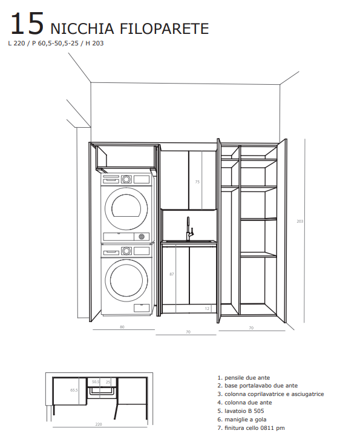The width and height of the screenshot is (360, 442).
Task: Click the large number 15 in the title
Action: coord(27,24)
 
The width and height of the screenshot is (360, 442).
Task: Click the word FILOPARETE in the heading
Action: coord(165,28)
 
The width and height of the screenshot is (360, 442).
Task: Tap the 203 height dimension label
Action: coord(300,221)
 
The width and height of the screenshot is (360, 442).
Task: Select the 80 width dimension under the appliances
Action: coord(122,327)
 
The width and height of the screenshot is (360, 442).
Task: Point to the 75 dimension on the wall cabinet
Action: coord(197,182)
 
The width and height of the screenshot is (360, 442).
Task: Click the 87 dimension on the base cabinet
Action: coord(172,274)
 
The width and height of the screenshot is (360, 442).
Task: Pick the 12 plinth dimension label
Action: coord(207,308)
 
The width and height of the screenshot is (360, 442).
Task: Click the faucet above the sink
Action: coord(189,229)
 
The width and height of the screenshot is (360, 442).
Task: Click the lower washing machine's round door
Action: coord(126,280)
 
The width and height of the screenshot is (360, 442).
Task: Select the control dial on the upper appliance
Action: coord(126,179)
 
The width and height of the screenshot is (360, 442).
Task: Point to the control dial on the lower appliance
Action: coord(126,251)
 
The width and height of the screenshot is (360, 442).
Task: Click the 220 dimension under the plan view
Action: coord(99,424)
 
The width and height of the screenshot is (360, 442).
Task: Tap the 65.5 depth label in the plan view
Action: coord(74,391)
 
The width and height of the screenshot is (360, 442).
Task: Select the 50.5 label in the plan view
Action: coord(96,382)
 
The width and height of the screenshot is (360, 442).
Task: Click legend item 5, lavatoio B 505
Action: coord(241,411)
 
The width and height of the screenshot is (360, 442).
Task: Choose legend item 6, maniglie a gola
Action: coord(242,420)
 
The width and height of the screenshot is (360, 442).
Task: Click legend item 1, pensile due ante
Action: coord(244,378)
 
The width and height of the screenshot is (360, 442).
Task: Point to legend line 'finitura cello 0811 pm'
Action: coord(251,428)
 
